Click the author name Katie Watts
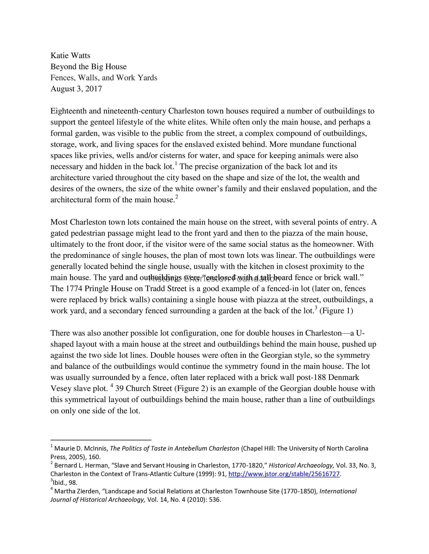(x=70, y=55)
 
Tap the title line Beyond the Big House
(x=88, y=67)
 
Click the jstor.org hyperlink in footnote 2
(x=284, y=474)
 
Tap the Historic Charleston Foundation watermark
(x=214, y=279)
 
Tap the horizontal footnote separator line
(x=101, y=440)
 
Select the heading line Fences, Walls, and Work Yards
(x=104, y=77)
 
